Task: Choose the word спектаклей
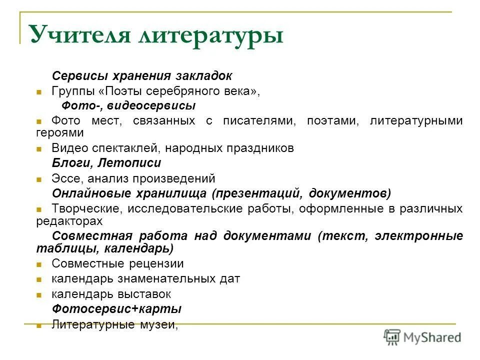pyautogui.click(x=116, y=148)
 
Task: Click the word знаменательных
pyautogui.click(x=164, y=279)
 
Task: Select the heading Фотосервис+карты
pyautogui.click(x=116, y=309)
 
